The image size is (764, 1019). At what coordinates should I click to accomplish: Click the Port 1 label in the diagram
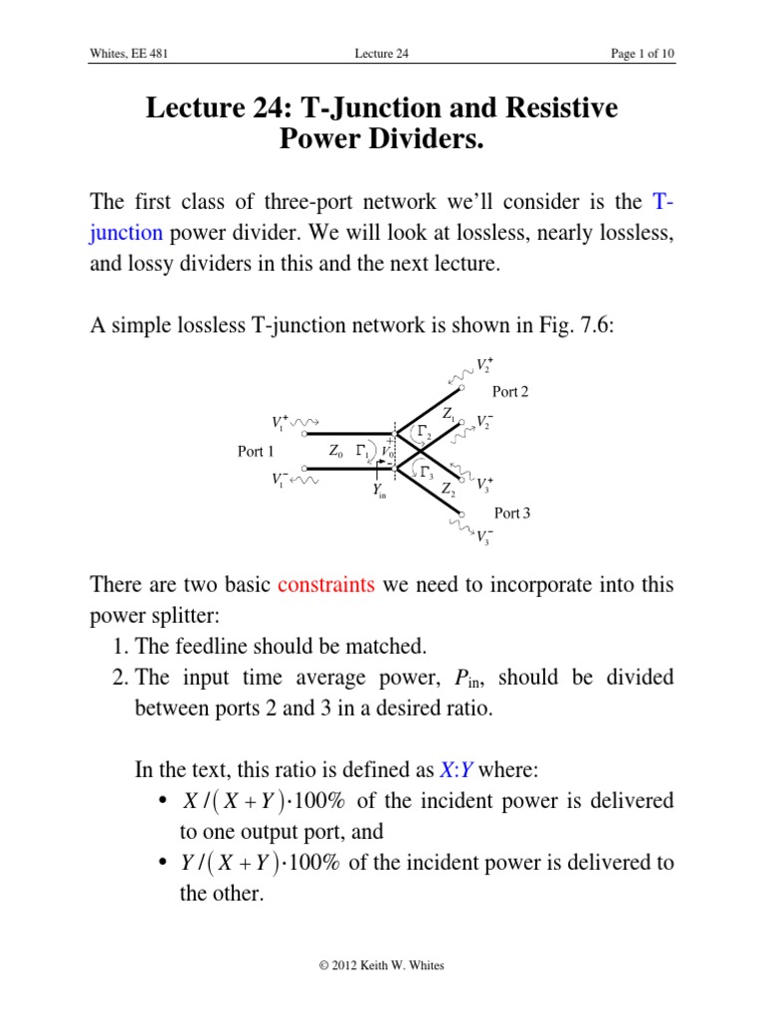(257, 452)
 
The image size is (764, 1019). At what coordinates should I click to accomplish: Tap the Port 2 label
(510, 392)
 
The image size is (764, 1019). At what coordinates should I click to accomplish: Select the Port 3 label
(512, 513)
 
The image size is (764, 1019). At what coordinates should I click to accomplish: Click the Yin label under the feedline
(379, 491)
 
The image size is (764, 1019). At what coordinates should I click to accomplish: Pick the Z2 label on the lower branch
(449, 489)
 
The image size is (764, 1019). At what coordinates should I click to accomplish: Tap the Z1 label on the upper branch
(450, 413)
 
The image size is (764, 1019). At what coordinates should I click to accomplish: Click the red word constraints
(326, 584)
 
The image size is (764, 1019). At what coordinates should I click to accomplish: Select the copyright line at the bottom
(382, 965)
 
